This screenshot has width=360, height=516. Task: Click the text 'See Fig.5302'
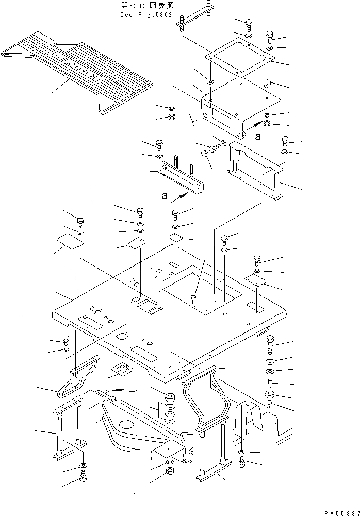pyautogui.click(x=146, y=15)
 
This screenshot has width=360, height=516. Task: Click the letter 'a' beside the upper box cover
pyautogui.click(x=257, y=137)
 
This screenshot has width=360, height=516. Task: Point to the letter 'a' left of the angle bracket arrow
pyautogui.click(x=165, y=196)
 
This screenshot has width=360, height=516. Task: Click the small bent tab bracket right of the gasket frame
pyautogui.click(x=268, y=84)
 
